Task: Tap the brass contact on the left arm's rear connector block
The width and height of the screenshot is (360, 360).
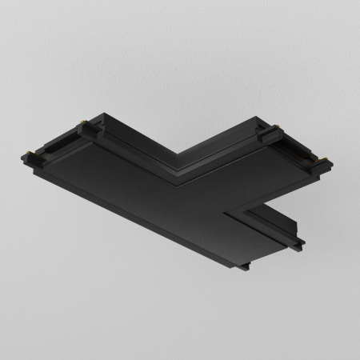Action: pos(82,125)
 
